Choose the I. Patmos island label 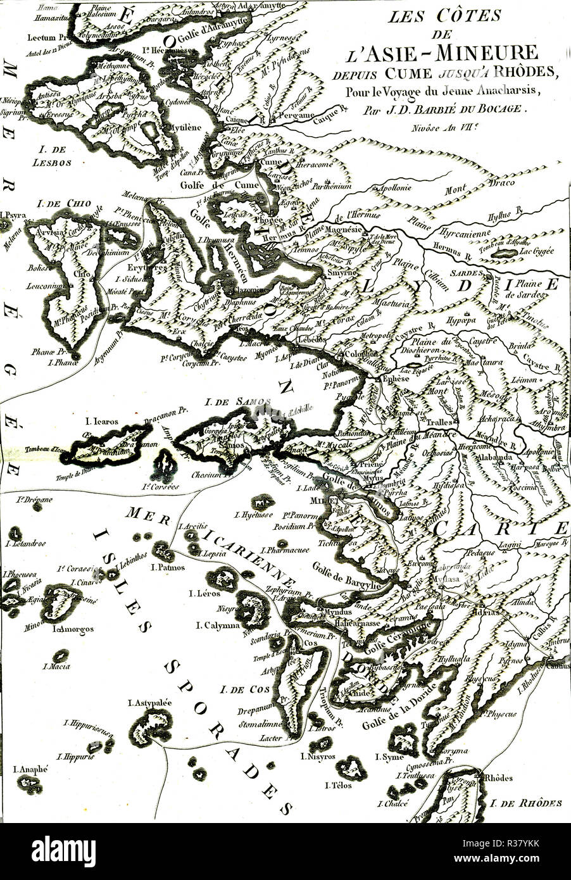coord(168,567)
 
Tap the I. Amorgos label coord(73,629)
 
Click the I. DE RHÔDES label coord(525,803)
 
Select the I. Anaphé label coord(30,769)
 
